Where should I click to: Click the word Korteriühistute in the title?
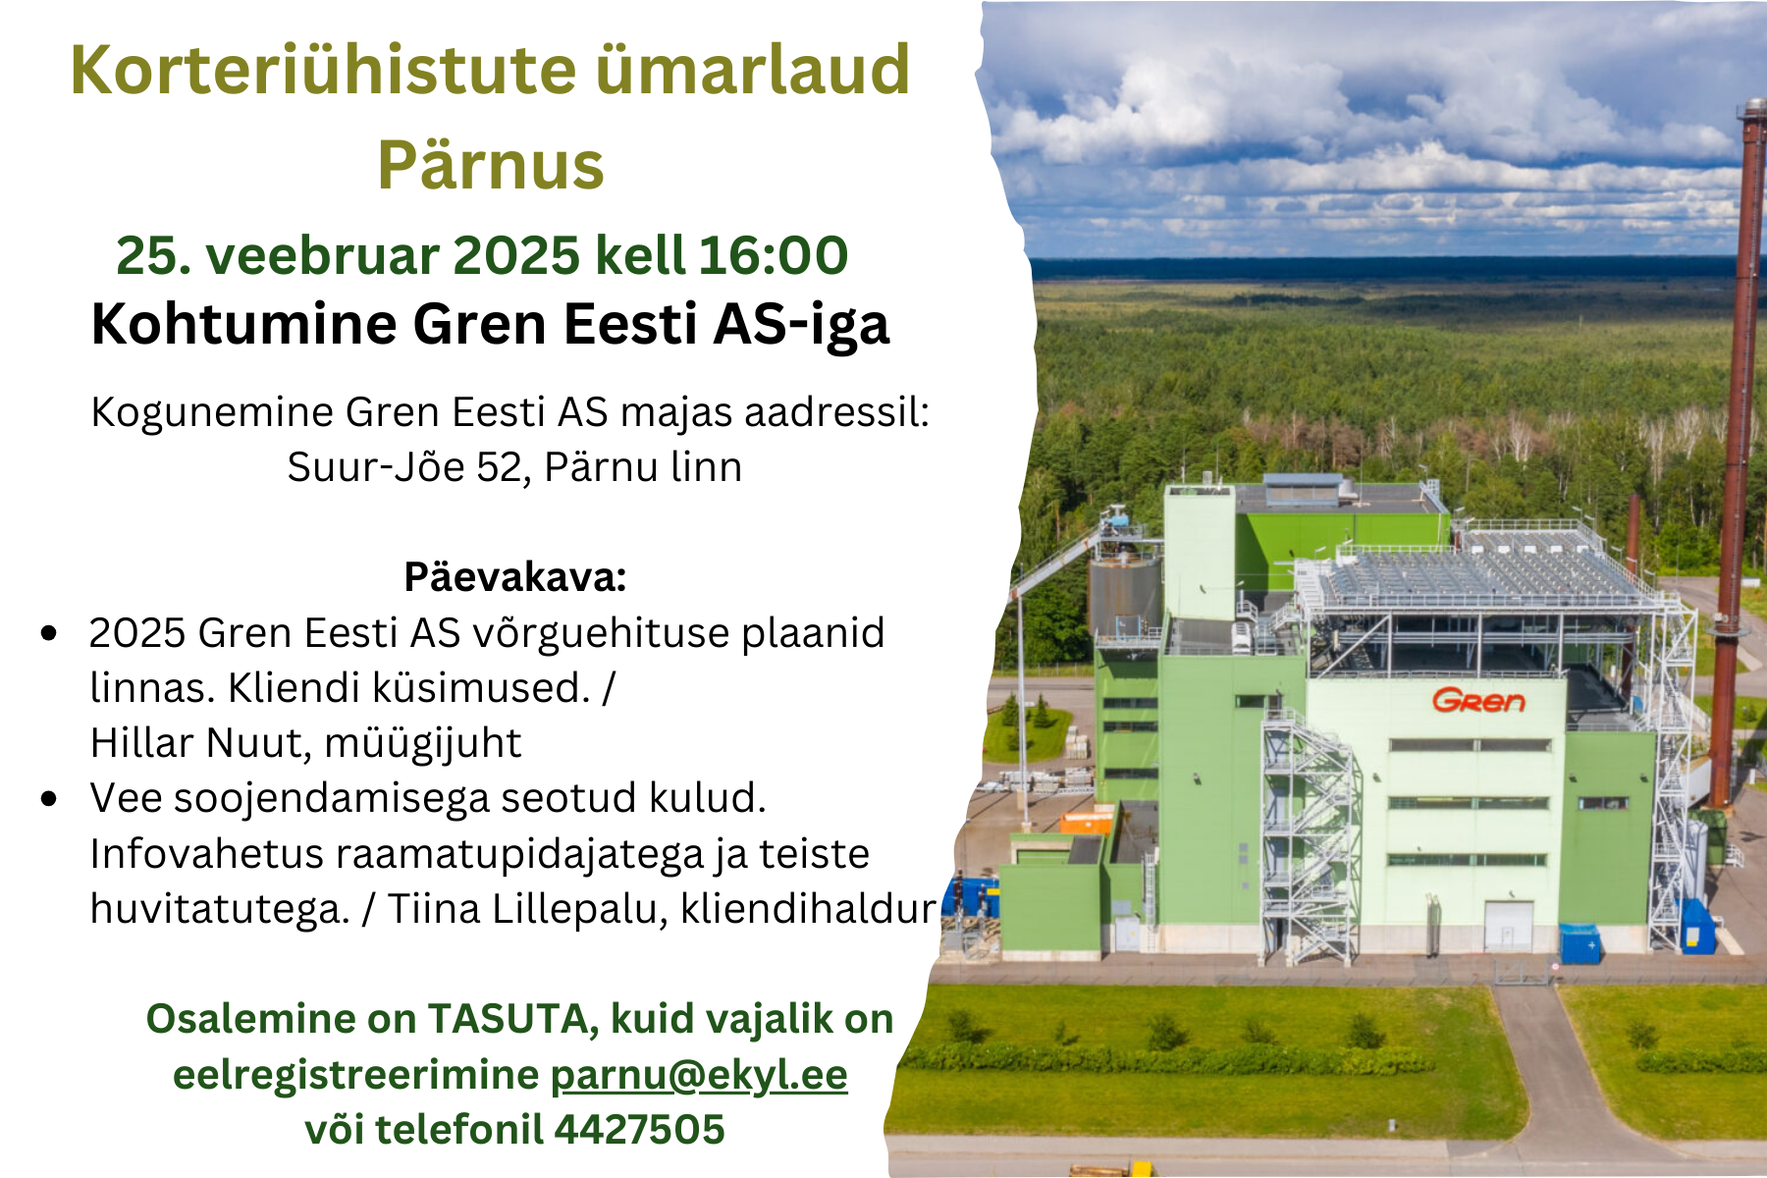pos(323,71)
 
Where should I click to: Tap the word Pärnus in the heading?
pos(491,164)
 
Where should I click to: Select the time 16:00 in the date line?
pos(774,255)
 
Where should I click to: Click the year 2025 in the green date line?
pos(516,255)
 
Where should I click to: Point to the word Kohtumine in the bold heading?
pos(243,323)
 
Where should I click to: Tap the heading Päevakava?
pos(515,577)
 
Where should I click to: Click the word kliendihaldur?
pos(808,908)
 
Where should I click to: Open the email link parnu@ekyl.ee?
pos(698,1075)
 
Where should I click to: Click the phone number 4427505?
pos(639,1129)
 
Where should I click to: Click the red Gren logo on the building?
pos(1478,700)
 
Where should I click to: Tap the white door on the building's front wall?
pos(1508,925)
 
